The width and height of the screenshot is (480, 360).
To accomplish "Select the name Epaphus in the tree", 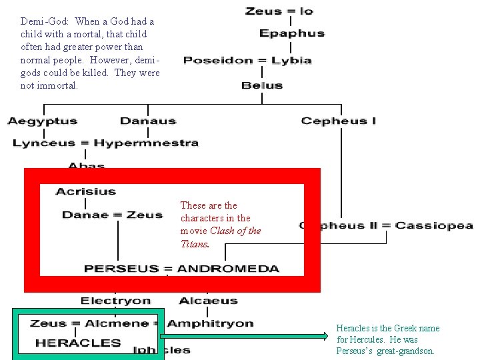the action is coord(291,33).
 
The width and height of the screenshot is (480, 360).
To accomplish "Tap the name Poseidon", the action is coord(215,61).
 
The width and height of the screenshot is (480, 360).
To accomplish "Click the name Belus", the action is coord(262,85).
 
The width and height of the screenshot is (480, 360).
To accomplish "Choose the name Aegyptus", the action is coord(43,121).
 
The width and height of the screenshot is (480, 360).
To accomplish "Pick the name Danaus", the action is coord(148,121).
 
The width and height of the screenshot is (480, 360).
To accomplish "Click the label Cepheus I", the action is coord(339,121).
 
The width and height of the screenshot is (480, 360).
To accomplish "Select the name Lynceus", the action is coord(45,143).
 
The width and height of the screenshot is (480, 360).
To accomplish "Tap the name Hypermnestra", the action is coord(146,143).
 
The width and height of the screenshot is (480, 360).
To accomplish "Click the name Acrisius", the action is coord(85,191).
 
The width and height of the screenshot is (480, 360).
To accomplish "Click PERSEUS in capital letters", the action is coord(122,269).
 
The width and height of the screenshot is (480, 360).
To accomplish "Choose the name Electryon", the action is coord(116,301).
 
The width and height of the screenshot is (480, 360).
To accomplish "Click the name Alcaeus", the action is coord(208,301).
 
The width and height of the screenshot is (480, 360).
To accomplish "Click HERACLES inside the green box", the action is coord(78,343).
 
